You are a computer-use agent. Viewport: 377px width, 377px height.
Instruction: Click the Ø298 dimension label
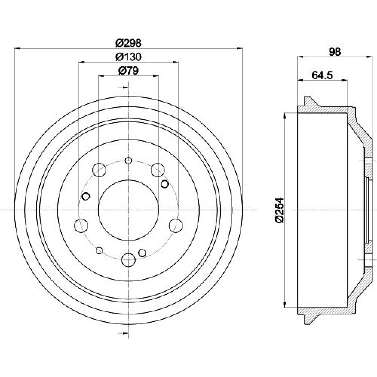129,43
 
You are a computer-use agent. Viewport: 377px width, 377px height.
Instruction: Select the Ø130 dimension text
129,57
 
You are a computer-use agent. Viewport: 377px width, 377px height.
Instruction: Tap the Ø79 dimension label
129,71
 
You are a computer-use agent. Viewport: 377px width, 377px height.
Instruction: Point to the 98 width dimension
335,52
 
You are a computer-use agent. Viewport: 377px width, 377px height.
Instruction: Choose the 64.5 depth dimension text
322,75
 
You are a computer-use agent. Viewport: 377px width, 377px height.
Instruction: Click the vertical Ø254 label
280,210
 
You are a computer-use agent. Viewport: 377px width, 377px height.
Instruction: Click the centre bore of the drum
129,210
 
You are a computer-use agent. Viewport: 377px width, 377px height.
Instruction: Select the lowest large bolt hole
129,260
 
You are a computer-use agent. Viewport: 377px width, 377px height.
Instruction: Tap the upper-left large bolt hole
99,170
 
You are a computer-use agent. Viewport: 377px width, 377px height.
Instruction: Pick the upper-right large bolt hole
158,170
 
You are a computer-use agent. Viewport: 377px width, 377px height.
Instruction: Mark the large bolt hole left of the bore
81,225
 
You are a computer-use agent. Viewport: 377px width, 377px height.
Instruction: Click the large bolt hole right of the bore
176,225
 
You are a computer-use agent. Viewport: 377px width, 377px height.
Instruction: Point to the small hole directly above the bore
129,160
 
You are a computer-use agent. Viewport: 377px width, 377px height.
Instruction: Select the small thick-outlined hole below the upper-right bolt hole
165,184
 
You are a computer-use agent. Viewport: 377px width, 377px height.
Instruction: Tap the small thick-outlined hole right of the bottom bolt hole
143,253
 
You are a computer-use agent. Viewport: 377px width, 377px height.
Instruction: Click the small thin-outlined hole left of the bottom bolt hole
99,251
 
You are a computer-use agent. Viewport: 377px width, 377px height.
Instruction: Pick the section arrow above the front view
123,87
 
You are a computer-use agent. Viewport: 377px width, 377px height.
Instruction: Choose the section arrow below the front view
123,333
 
